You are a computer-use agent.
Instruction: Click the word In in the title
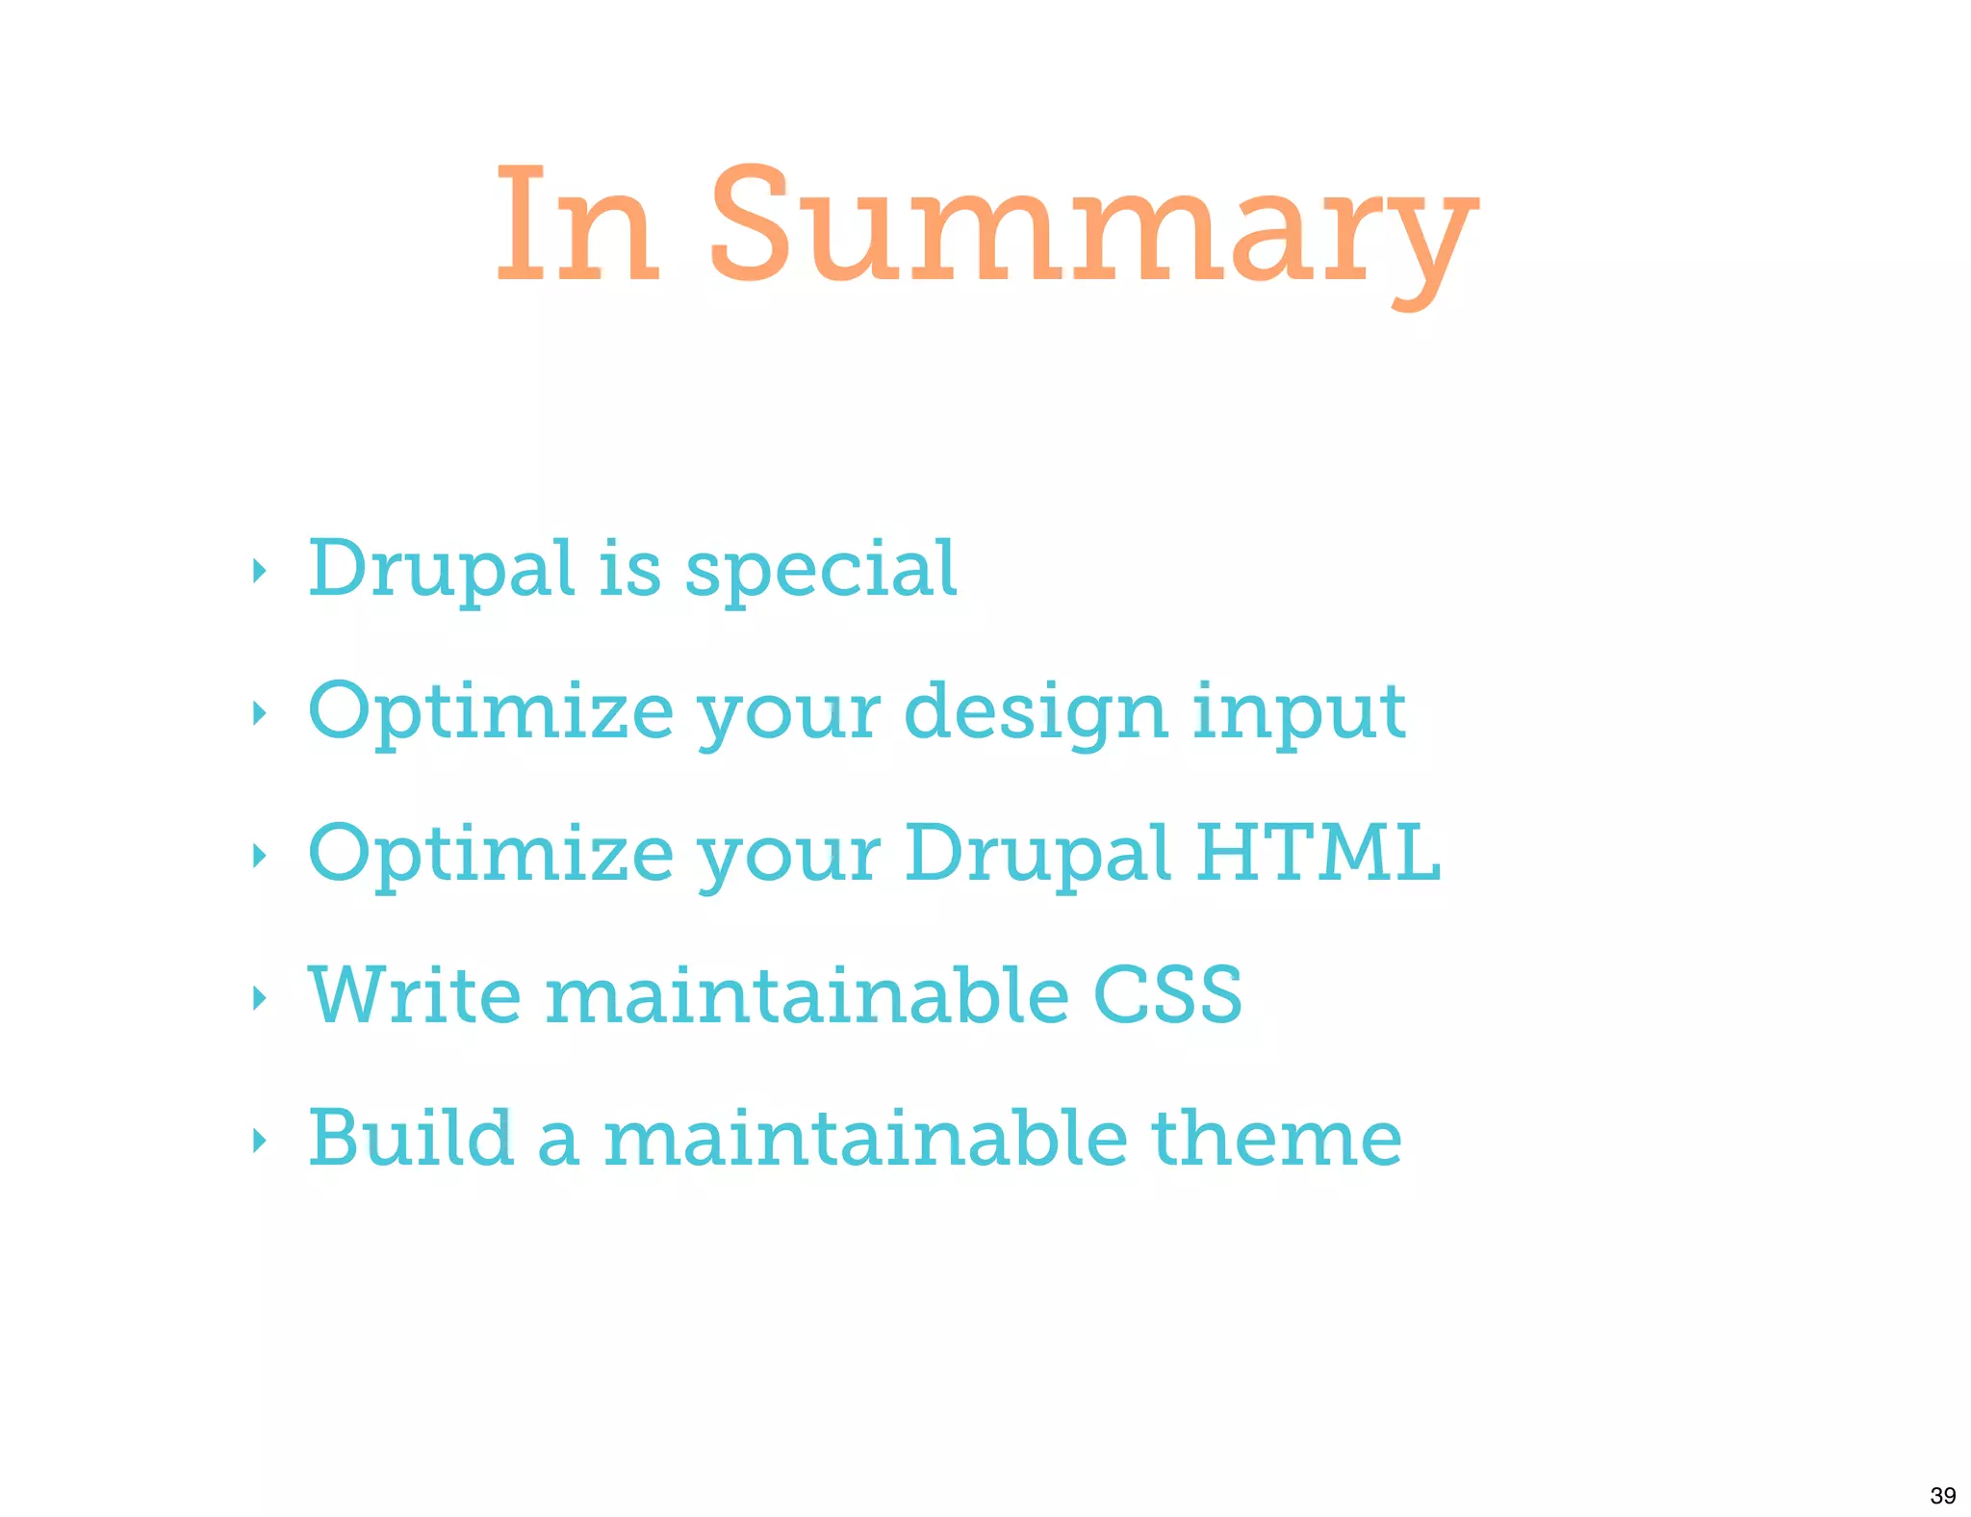tap(577, 226)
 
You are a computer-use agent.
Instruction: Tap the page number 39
tap(1942, 1495)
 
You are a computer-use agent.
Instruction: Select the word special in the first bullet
tap(820, 570)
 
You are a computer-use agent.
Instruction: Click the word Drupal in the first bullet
tap(441, 570)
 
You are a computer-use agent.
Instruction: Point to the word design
tap(1036, 713)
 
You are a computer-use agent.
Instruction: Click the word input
tap(1299, 713)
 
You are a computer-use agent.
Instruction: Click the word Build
tap(410, 1138)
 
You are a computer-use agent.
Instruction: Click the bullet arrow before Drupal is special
tap(258, 572)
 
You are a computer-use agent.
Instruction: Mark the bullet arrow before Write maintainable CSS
tap(258, 997)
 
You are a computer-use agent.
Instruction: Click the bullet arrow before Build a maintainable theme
tap(258, 1141)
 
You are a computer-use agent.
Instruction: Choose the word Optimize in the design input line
tap(491, 713)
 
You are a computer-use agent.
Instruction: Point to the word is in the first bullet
tap(629, 570)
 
